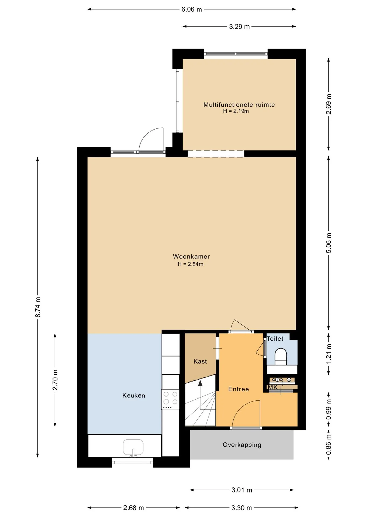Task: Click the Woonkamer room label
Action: pos(191,257)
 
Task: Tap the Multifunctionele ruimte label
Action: pos(239,105)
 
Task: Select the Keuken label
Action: pos(134,396)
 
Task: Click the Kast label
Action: pos(200,361)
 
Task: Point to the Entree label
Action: pos(239,389)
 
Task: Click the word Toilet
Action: pos(275,339)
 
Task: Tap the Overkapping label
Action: pos(242,445)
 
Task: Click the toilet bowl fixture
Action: pos(281,357)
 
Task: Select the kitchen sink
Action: pos(133,448)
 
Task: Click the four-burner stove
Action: pos(170,399)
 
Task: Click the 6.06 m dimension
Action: pos(192,9)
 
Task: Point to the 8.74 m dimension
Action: pos(38,307)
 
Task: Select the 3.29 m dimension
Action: pos(239,26)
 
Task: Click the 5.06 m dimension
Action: pos(329,243)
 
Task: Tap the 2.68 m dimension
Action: pos(134,508)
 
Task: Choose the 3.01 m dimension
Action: pos(242,490)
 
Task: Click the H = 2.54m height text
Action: pos(191,264)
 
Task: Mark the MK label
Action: pos(273,387)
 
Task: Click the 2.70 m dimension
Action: pos(55,380)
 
